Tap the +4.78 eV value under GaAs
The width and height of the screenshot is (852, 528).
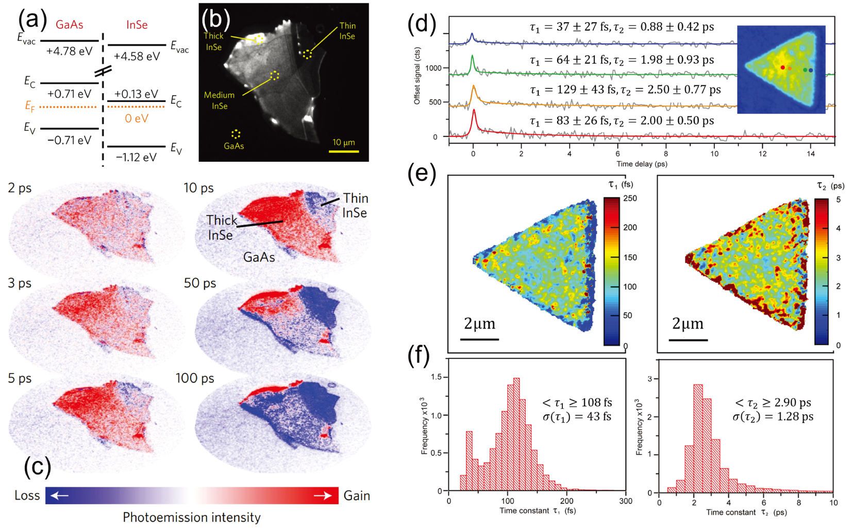tap(69, 51)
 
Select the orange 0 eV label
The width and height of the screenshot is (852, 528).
tap(136, 118)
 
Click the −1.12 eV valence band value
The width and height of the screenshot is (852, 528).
tap(136, 157)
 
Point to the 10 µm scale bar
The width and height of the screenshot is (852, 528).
tap(344, 151)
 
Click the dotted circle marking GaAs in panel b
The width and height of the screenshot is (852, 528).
tap(236, 134)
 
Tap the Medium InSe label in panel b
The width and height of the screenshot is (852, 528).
tap(219, 100)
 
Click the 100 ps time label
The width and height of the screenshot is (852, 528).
tap(195, 378)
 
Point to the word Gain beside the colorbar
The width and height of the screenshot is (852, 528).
tap(357, 496)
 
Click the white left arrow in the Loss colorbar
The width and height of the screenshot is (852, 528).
tap(60, 496)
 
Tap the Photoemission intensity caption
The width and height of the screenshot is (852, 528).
tap(191, 517)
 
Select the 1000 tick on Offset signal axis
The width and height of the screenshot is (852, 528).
tap(433, 68)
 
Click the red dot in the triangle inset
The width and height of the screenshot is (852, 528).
tap(782, 67)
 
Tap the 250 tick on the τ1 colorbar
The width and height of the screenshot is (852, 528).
tap(630, 198)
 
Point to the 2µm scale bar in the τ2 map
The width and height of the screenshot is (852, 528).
tap(688, 340)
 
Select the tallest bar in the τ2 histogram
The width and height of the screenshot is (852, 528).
tap(697, 438)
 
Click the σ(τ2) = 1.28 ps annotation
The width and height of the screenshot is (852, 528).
tap(773, 416)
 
